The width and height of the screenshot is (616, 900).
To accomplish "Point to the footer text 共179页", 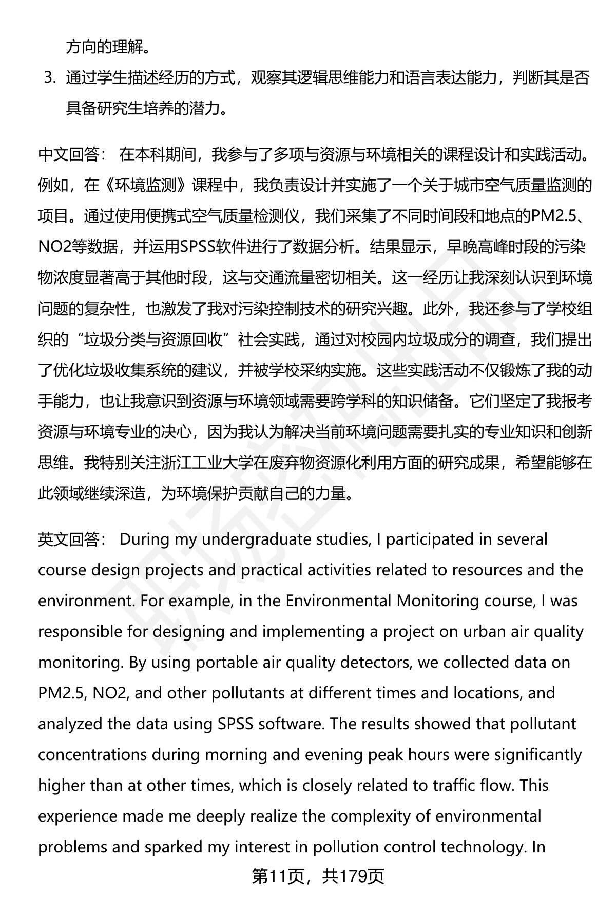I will pyautogui.click(x=353, y=877).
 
